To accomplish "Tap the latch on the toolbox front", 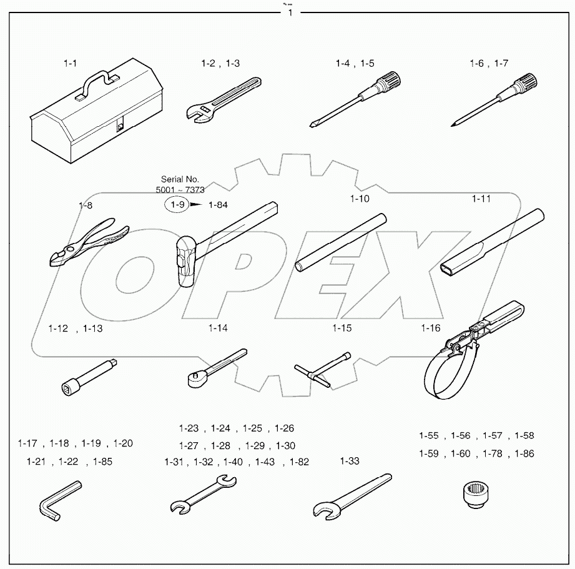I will pos(120,126).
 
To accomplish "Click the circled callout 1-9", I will pos(175,204).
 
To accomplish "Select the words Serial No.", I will pos(180,179).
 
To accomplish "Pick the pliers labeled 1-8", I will pos(87,244).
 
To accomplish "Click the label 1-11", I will pos(481,199).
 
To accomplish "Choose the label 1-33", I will pos(350,462).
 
